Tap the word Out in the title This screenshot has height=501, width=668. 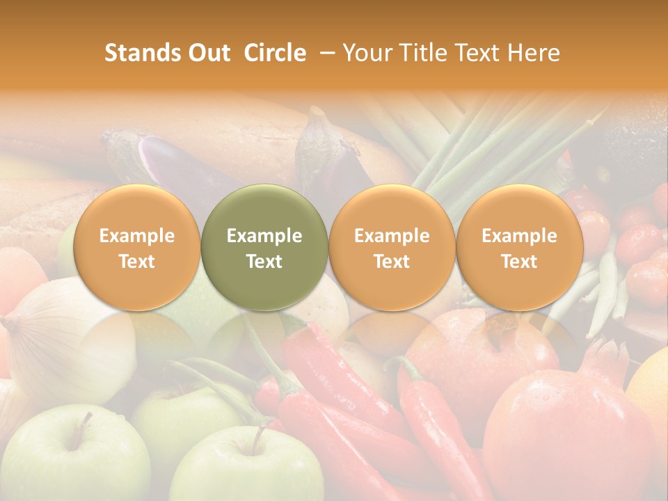[207, 53]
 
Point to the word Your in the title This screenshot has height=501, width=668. [367, 53]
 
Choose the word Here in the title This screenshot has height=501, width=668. [534, 53]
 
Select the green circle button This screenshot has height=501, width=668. [264, 248]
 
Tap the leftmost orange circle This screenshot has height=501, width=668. [136, 248]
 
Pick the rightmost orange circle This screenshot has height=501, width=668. [520, 248]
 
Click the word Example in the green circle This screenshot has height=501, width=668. [264, 236]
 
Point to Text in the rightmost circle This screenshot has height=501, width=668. [520, 262]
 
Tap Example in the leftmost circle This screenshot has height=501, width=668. [136, 236]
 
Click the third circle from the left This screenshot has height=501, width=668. [392, 248]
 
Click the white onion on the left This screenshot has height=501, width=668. [49, 341]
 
